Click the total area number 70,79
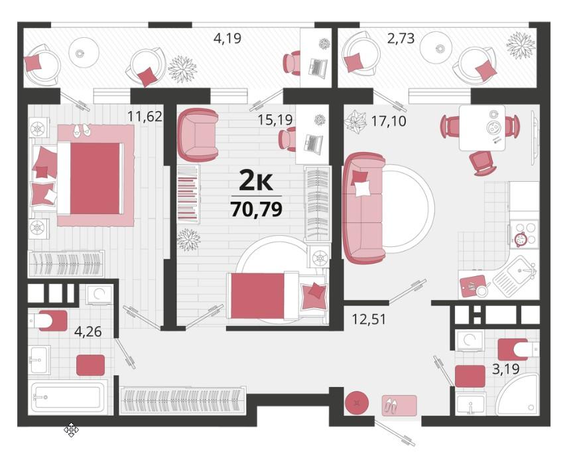coord(257,210)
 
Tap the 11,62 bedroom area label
coord(145,116)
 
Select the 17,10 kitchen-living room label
coord(389,121)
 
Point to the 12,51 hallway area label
coord(369,319)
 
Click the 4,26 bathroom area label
coord(88,331)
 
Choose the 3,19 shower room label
coord(506,369)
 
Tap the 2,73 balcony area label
coord(401,38)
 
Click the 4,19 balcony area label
coord(227,38)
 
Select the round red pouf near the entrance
coord(357,403)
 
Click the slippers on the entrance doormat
coord(391,405)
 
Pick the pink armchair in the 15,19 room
coord(198,135)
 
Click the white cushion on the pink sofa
coord(362,189)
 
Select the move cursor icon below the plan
coord(72,430)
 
